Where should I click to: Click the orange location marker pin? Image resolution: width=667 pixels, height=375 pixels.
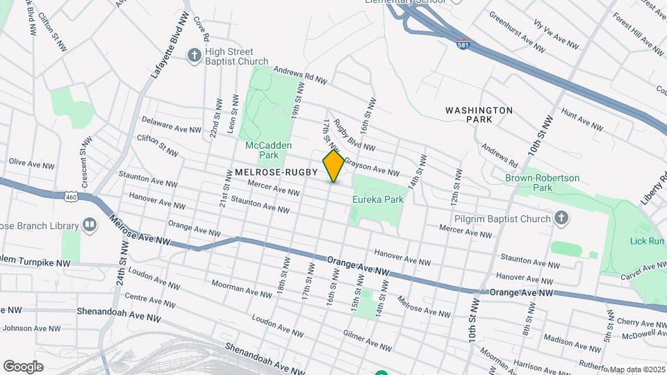click(333, 166)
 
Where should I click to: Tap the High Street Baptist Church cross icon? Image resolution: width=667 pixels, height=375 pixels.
click(194, 55)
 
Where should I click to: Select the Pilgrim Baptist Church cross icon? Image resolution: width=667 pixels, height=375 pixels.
click(562, 219)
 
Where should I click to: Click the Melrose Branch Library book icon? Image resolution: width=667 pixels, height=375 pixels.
click(90, 224)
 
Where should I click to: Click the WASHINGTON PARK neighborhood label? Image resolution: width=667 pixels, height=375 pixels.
click(479, 115)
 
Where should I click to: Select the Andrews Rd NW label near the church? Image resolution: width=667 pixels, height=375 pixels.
click(299, 75)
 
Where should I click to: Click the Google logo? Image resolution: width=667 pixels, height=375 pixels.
click(23, 367)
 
